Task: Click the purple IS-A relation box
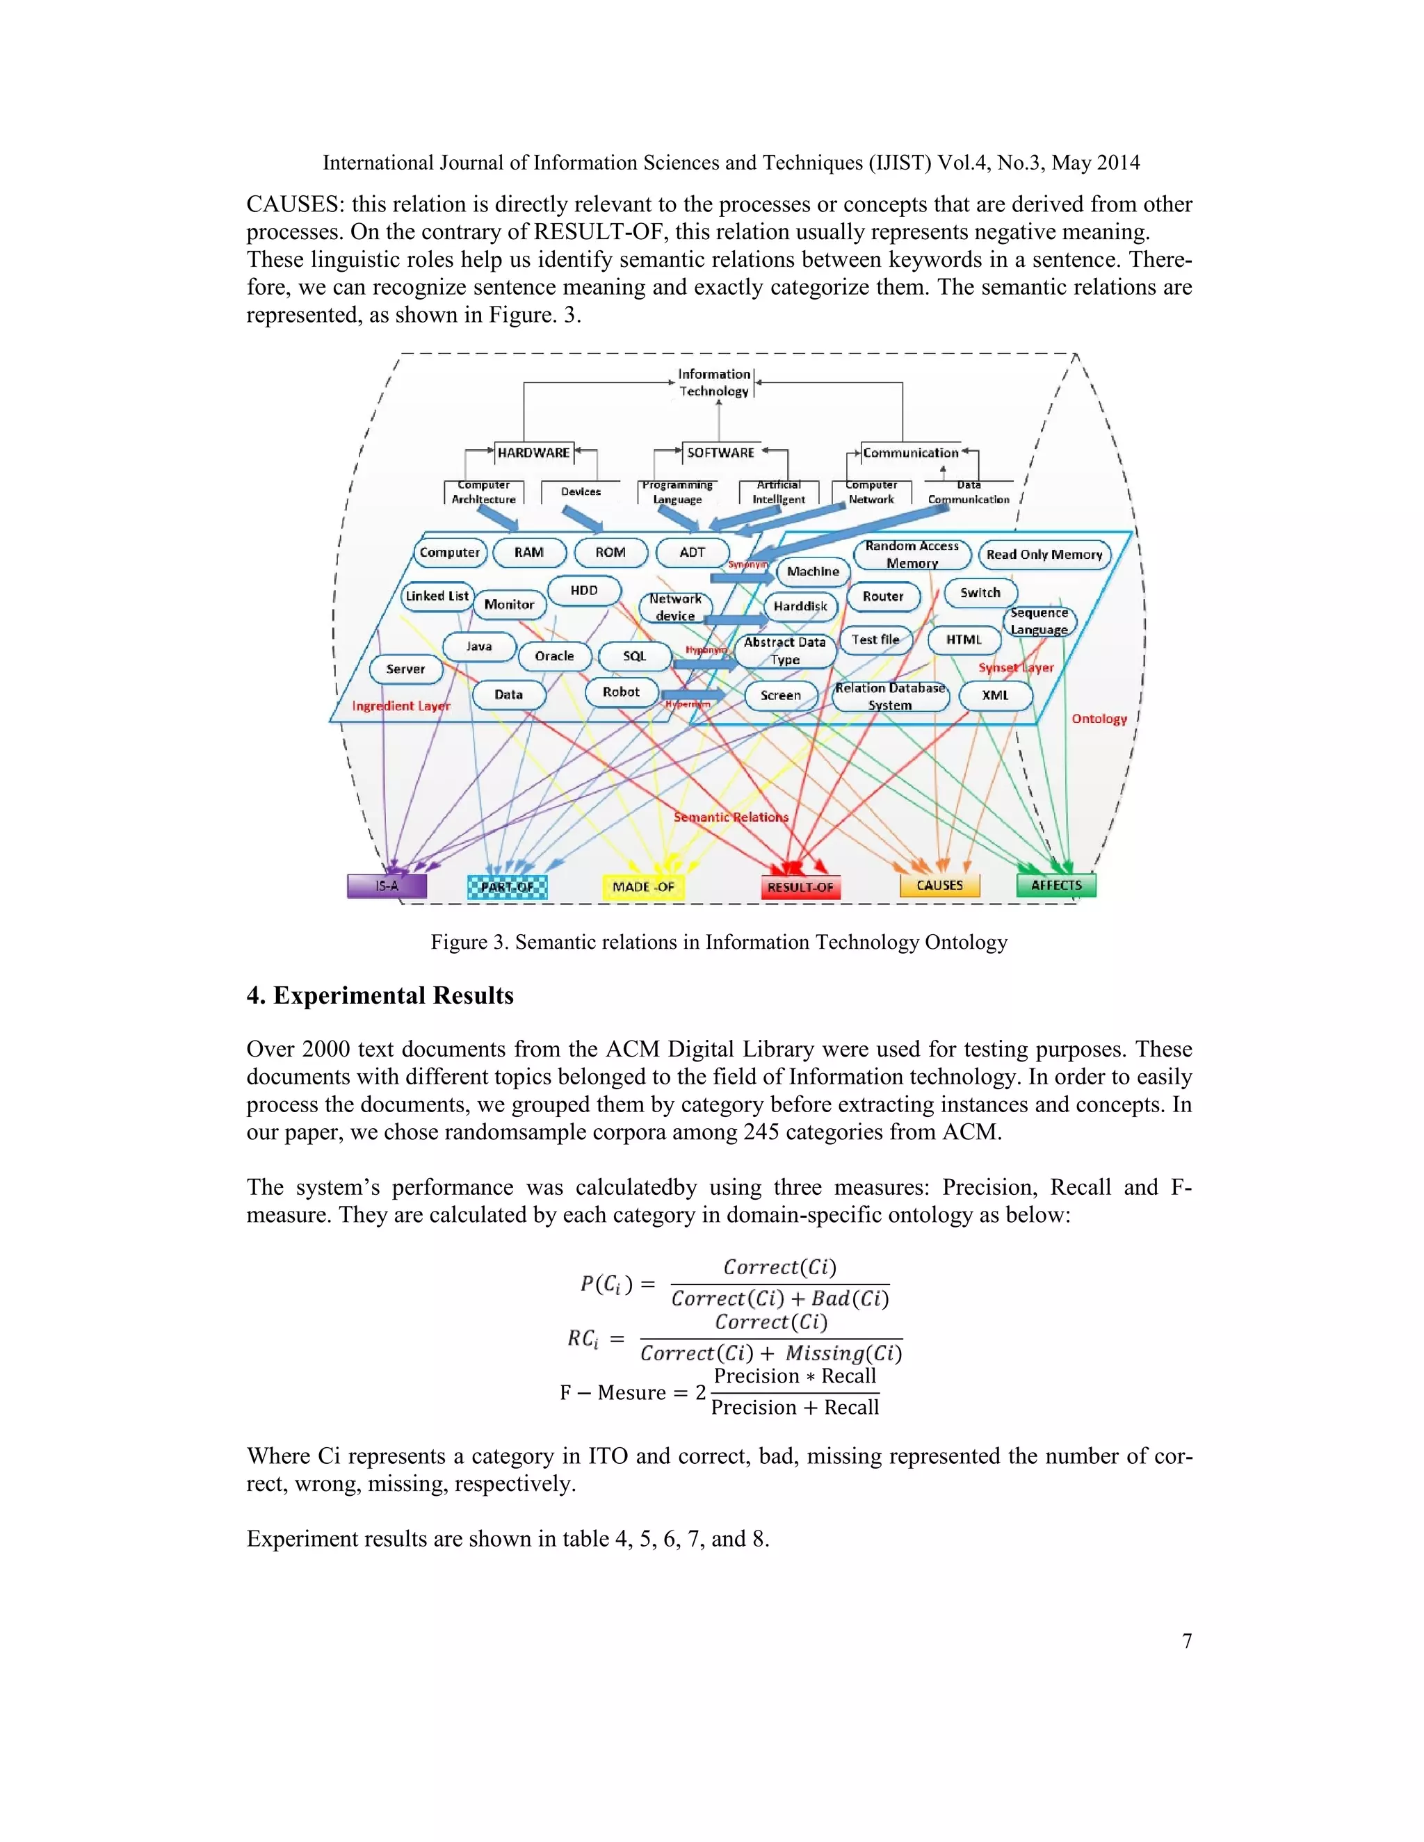click(x=387, y=886)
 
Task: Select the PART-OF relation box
click(x=507, y=887)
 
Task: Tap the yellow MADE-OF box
click(x=643, y=887)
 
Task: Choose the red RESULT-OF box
click(x=800, y=887)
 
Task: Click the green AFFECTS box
click(x=1056, y=885)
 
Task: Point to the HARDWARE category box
click(x=533, y=453)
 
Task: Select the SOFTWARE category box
click(x=720, y=453)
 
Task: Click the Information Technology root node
click(x=715, y=382)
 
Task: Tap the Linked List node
click(x=437, y=596)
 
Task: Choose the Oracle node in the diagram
click(x=554, y=655)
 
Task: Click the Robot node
click(x=621, y=692)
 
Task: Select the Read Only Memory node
click(x=1044, y=554)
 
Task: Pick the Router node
click(x=883, y=596)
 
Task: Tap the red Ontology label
click(x=1099, y=719)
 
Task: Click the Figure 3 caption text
click(x=719, y=942)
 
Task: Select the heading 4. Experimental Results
click(x=380, y=995)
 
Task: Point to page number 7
click(x=1187, y=1640)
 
